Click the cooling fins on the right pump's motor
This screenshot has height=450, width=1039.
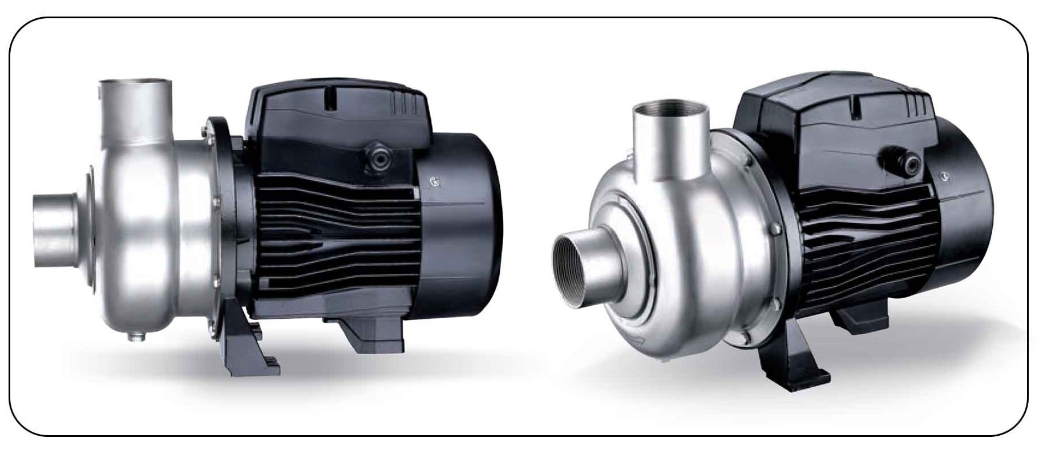(867, 245)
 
